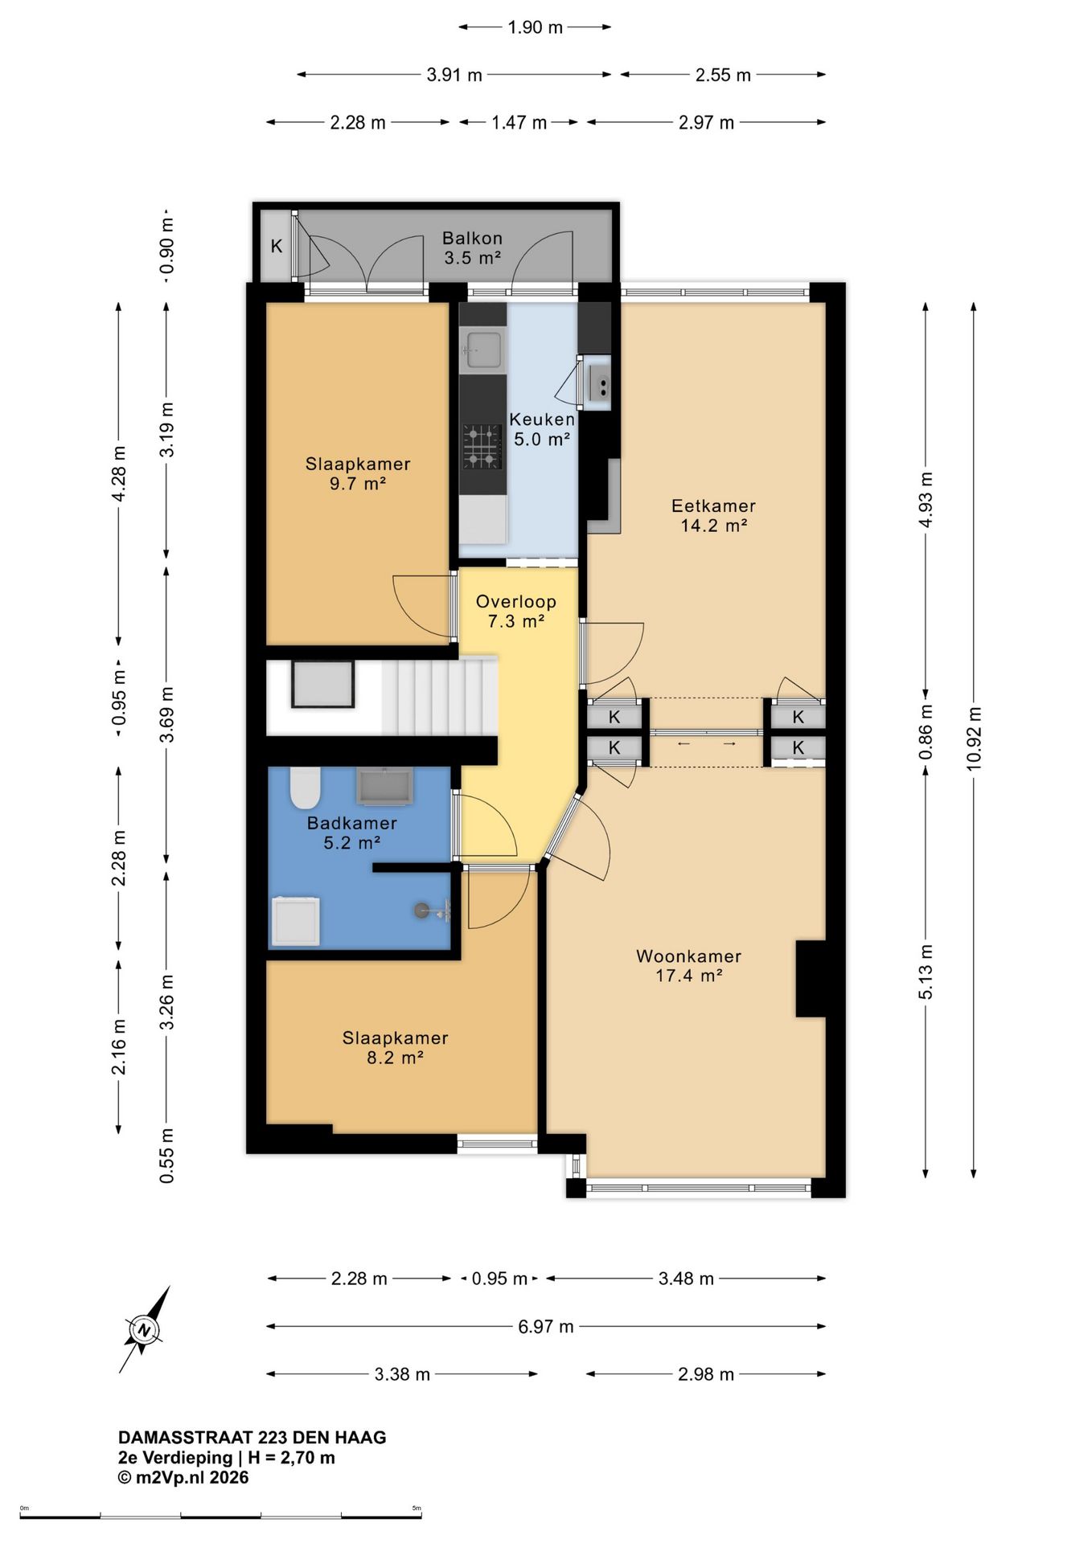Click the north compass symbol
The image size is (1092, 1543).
pyautogui.click(x=145, y=1330)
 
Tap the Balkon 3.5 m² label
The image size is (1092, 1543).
pyautogui.click(x=473, y=248)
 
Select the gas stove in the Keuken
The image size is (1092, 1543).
pyautogui.click(x=482, y=448)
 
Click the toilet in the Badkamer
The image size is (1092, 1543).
pyautogui.click(x=306, y=788)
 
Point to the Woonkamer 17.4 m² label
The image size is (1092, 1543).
pyautogui.click(x=688, y=966)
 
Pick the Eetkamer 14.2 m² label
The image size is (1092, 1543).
pyautogui.click(x=714, y=515)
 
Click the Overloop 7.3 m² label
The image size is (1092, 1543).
pyautogui.click(x=516, y=611)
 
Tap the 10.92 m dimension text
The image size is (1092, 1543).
pyautogui.click(x=975, y=739)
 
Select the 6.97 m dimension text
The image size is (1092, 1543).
pyautogui.click(x=546, y=1326)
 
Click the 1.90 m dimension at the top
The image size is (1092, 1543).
pyautogui.click(x=536, y=27)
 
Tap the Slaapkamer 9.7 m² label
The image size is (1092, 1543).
pyautogui.click(x=358, y=473)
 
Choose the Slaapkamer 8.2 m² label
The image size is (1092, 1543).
pyautogui.click(x=395, y=1047)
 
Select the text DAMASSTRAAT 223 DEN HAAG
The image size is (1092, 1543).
pyautogui.click(x=252, y=1438)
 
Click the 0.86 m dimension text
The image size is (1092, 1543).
pyautogui.click(x=926, y=731)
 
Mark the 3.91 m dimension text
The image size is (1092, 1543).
pyautogui.click(x=454, y=75)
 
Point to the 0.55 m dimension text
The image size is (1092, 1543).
pyautogui.click(x=167, y=1156)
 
